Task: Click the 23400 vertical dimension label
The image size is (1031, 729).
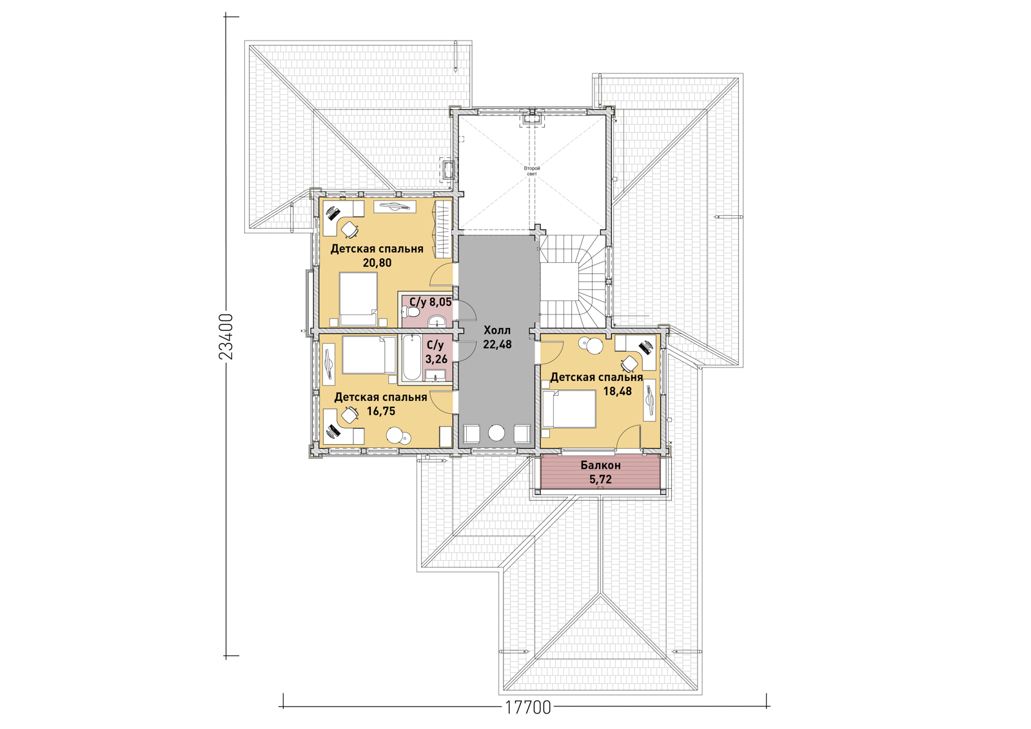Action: (x=226, y=336)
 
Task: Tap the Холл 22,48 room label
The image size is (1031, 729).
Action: (x=497, y=337)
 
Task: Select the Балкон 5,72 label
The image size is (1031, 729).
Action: (x=601, y=472)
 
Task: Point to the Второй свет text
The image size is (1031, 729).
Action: (x=531, y=171)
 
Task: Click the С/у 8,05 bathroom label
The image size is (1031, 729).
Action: (x=430, y=302)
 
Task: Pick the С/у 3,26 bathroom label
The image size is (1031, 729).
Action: (x=436, y=352)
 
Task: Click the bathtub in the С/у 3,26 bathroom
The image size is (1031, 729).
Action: (x=411, y=358)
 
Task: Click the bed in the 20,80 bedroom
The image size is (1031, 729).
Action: (x=358, y=300)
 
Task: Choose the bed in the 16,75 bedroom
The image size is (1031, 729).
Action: (x=369, y=355)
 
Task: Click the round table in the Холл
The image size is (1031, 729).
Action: (x=496, y=433)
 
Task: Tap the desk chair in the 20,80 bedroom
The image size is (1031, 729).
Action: (x=349, y=229)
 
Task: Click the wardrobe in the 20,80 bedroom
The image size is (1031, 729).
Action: (x=443, y=229)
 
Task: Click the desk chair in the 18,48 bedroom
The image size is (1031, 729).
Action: (x=629, y=364)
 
